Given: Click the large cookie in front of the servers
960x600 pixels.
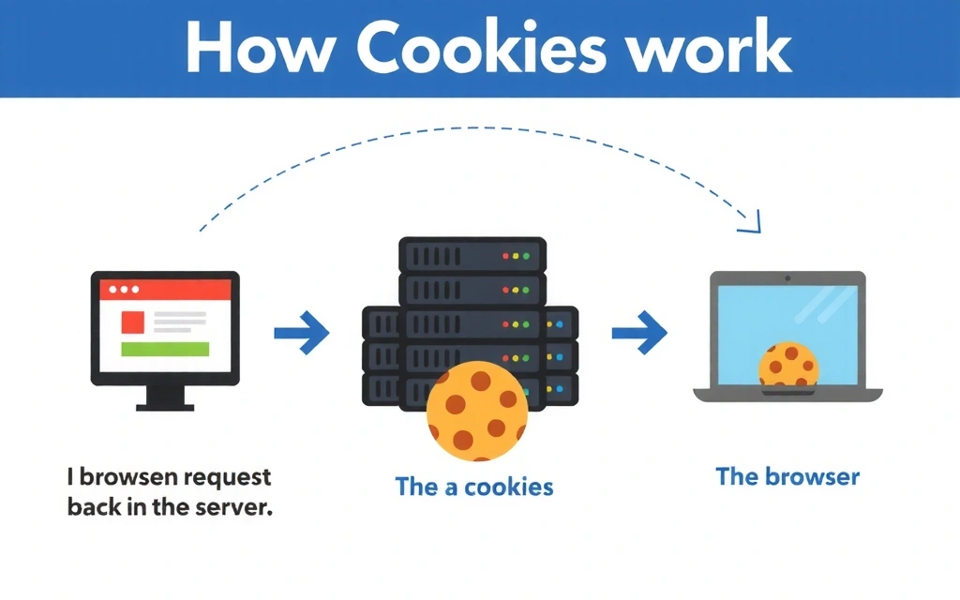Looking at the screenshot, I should coord(476,412).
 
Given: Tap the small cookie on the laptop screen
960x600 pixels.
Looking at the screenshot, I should coord(788,365).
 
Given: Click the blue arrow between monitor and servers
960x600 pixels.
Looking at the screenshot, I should coord(302,332).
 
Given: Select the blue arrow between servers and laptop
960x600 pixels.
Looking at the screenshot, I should coord(639,332).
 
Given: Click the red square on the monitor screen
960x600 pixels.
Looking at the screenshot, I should coord(133,322).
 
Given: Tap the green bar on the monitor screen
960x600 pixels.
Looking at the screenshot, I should coord(164,350).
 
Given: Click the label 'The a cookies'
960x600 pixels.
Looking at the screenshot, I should coord(474,487).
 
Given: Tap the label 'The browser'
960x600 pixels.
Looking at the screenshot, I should coord(787,476).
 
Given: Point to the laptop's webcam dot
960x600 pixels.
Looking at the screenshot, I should coord(787,278).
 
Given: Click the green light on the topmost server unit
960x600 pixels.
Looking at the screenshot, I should coord(526,255).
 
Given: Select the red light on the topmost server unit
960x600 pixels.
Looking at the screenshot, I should coord(505,255).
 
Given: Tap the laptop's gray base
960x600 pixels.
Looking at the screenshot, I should coord(787,395).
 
